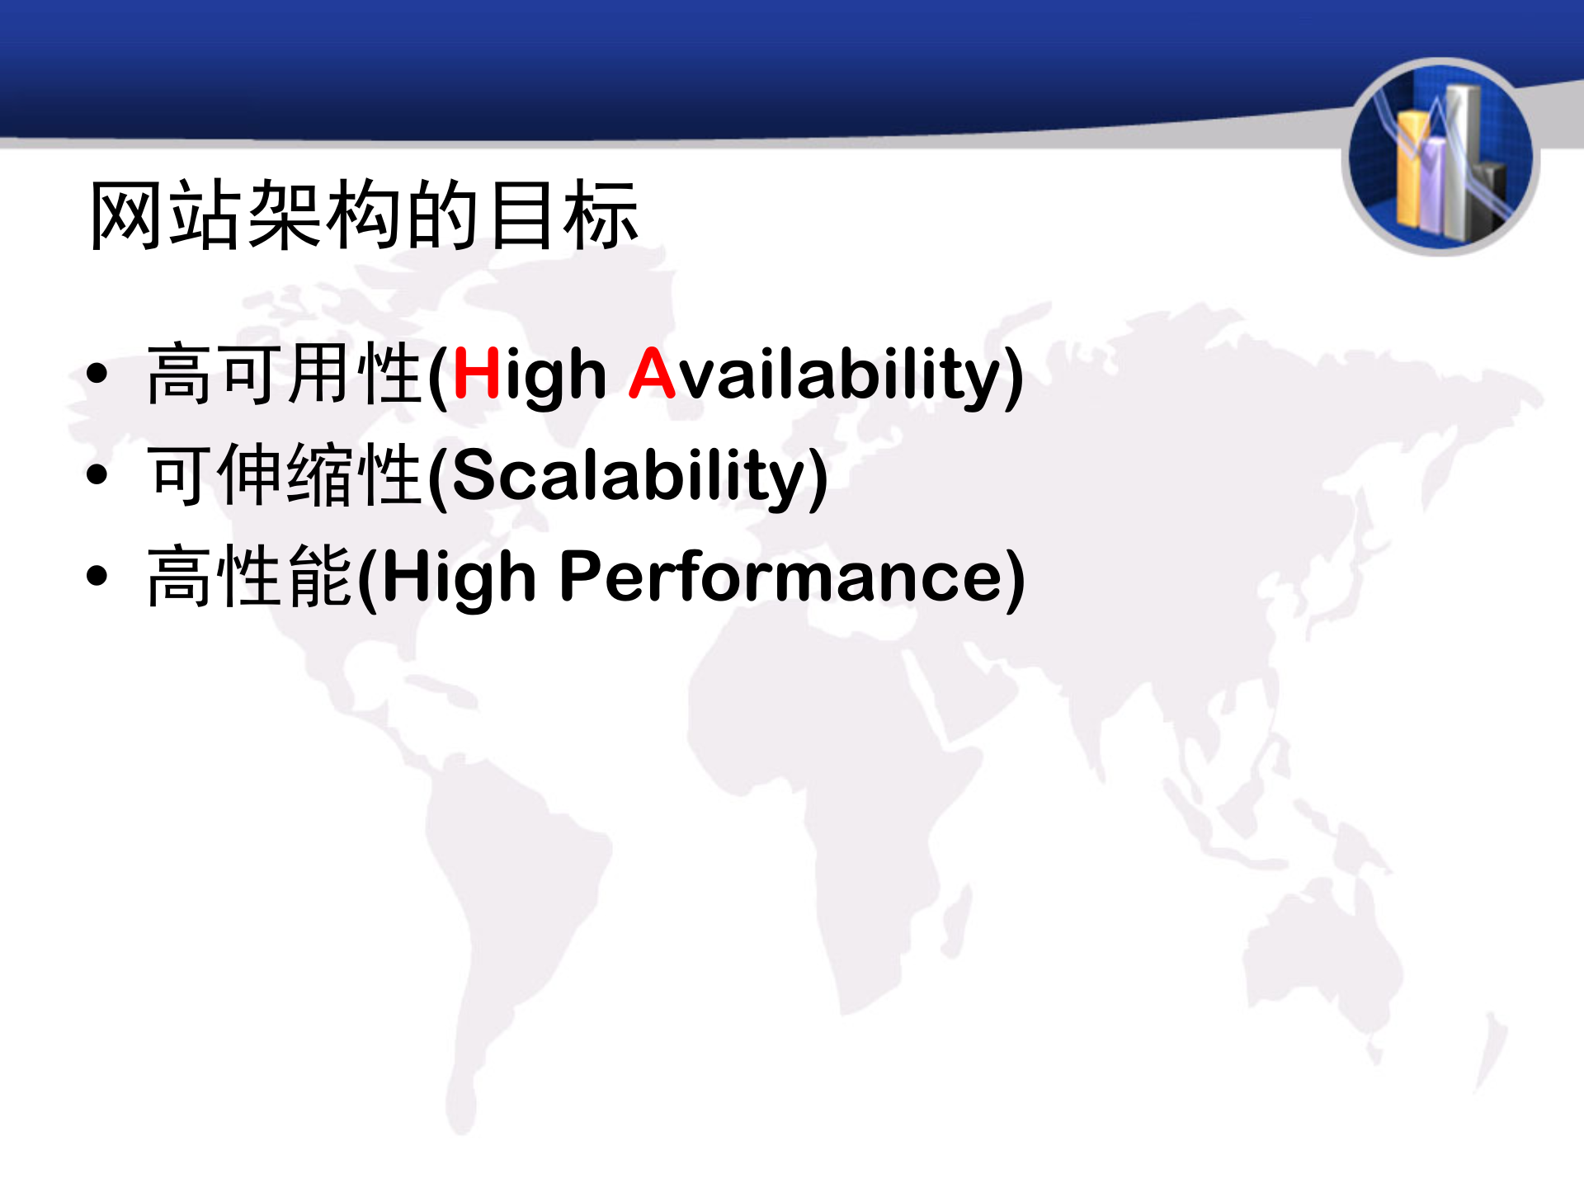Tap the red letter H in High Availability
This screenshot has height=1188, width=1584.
tap(476, 374)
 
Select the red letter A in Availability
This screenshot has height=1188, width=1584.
tap(652, 374)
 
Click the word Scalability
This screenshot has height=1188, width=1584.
tap(627, 475)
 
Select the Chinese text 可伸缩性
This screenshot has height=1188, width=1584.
tap(285, 475)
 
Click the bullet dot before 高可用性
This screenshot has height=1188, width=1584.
tap(97, 374)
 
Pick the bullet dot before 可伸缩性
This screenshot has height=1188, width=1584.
tap(97, 475)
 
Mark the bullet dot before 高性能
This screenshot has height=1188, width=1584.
tap(97, 576)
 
